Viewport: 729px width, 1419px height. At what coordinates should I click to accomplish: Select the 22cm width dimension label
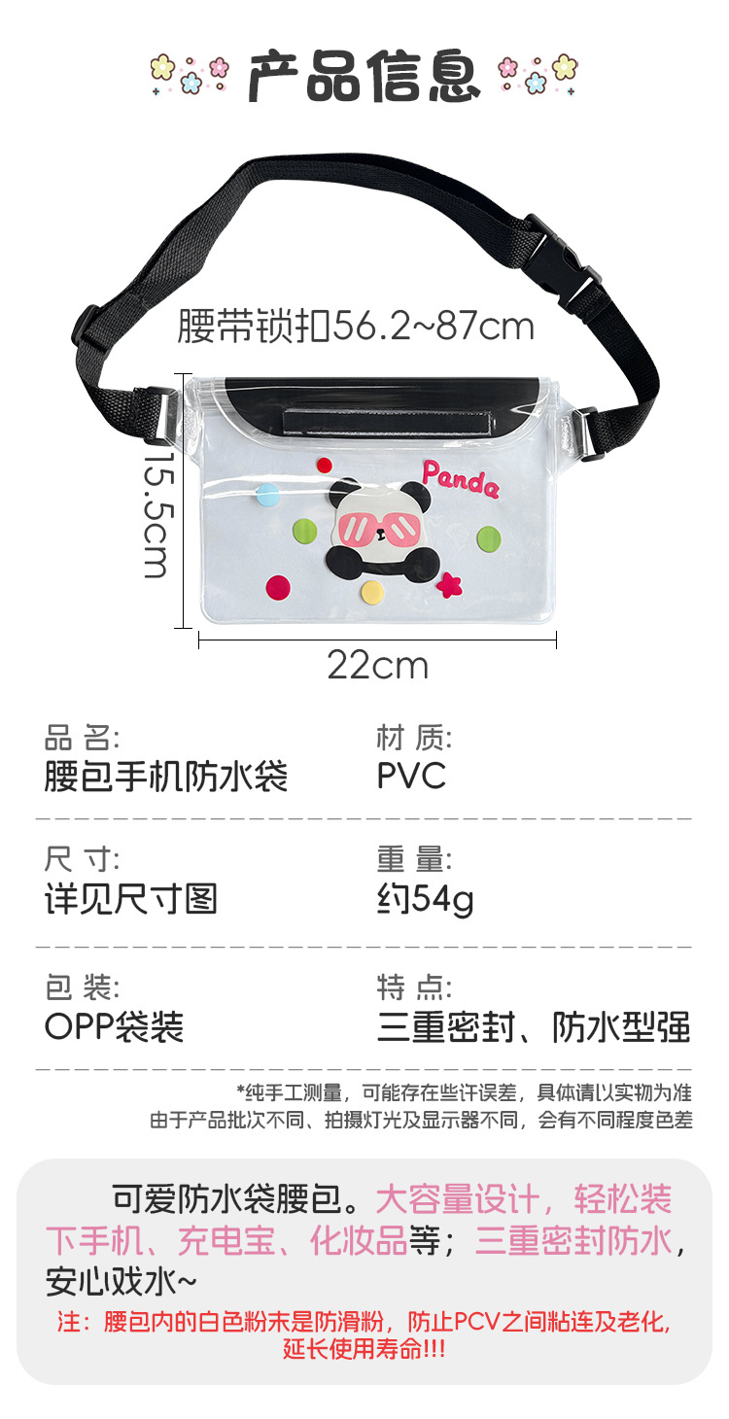pos(377,667)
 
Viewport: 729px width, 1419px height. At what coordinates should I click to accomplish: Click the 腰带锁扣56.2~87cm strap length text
pos(356,327)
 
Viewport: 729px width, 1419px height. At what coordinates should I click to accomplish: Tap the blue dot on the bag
pos(266,495)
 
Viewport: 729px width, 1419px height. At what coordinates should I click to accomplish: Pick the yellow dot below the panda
pos(372,592)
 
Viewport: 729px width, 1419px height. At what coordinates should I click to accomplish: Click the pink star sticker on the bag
pos(449,585)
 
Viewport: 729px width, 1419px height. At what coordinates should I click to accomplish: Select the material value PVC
pos(411,776)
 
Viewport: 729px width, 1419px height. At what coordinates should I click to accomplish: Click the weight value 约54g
pos(425,900)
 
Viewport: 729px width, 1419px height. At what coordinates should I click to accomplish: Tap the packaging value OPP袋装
pos(114,1026)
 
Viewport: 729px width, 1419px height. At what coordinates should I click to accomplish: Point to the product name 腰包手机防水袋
pos(166,777)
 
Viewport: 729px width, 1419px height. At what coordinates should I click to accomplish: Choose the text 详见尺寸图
pos(131,899)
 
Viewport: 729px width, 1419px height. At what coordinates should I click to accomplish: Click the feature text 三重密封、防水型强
pos(534,1026)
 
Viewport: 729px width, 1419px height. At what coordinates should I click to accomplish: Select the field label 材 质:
pos(414,739)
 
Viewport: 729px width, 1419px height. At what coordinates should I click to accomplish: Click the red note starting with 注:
pos(364,1335)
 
